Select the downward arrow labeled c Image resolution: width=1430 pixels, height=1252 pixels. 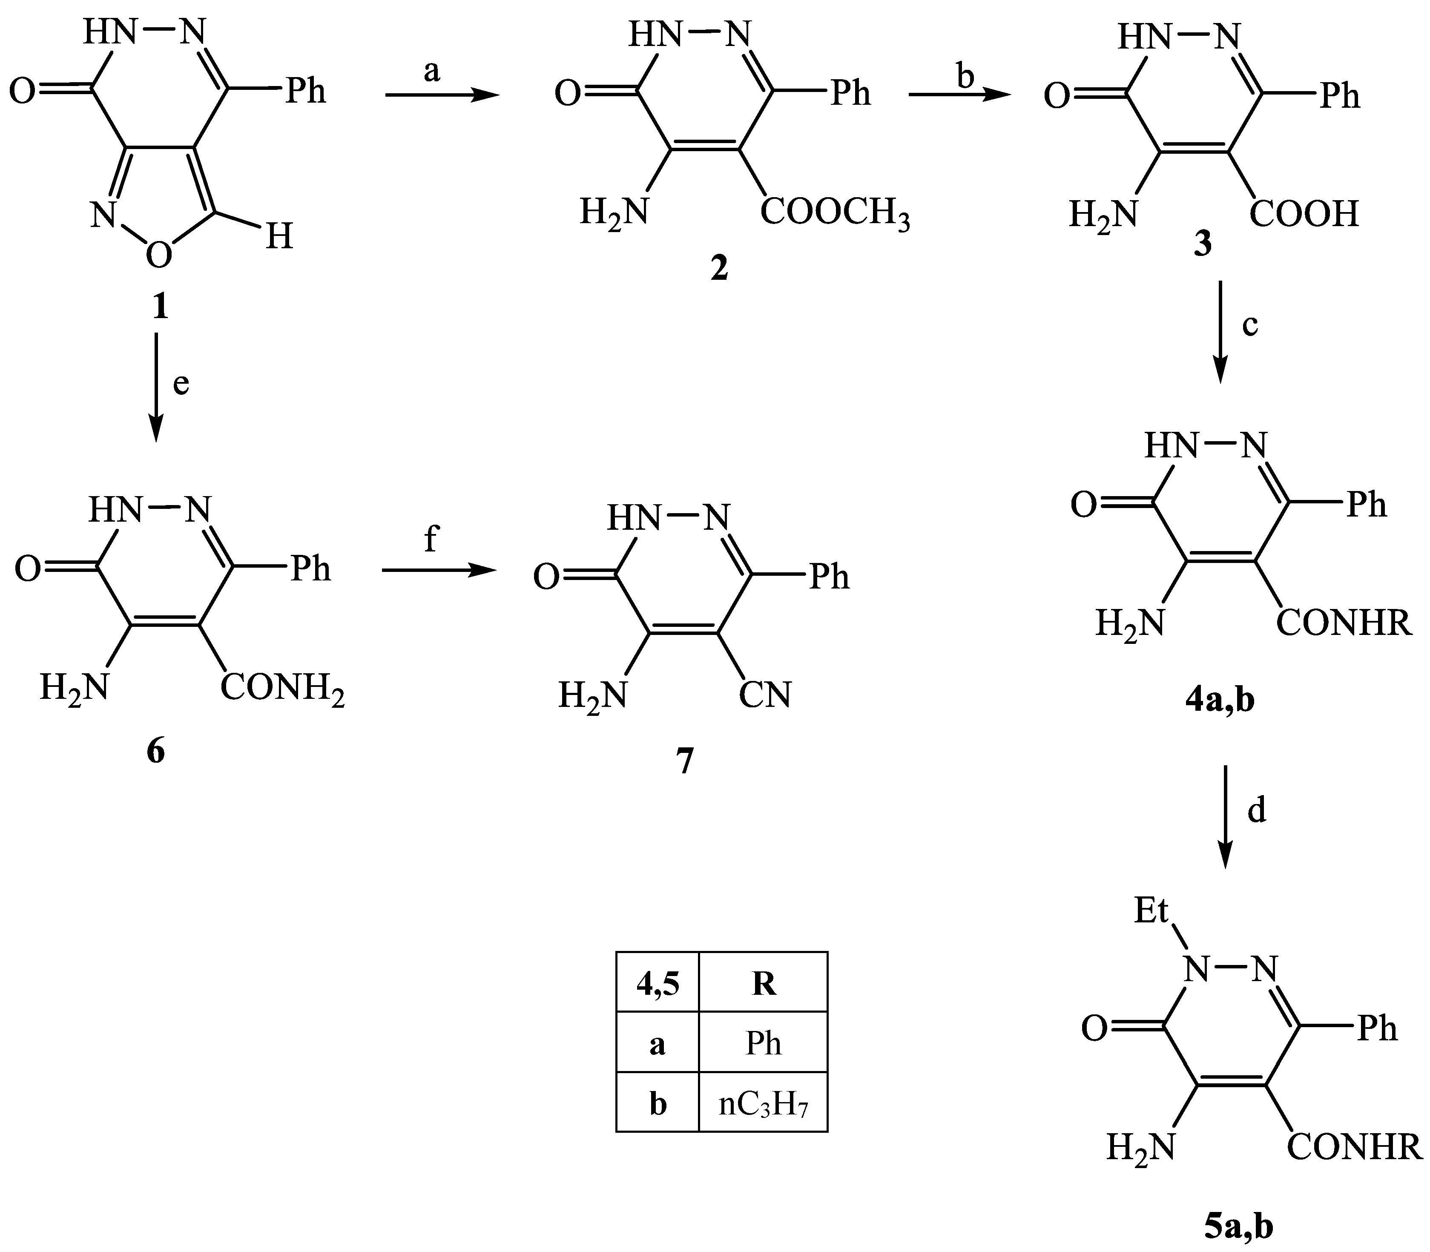pyautogui.click(x=1220, y=332)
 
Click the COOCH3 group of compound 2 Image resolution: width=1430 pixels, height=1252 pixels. pyautogui.click(x=835, y=212)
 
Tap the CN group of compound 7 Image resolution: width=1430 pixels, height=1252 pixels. pyautogui.click(x=765, y=695)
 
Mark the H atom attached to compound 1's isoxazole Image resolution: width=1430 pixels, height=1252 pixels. pyautogui.click(x=278, y=238)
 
